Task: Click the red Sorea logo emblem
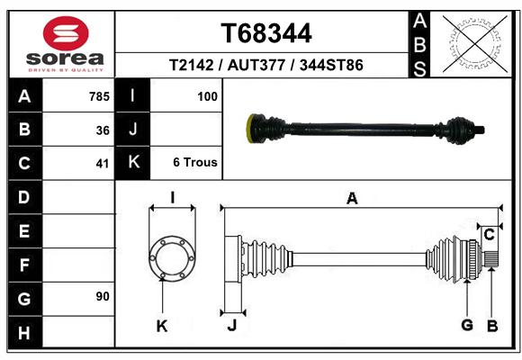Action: pos(66,33)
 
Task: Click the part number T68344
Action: pos(266,33)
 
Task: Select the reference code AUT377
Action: pos(256,65)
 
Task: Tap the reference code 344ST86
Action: pos(331,65)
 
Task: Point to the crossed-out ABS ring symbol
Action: pos(475,43)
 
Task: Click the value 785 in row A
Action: pos(99,96)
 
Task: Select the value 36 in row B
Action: pos(103,130)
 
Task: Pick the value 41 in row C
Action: pos(103,164)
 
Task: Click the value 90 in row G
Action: pos(103,296)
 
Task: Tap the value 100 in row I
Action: pos(207,96)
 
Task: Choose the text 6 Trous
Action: pos(195,162)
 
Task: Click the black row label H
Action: pos(25,332)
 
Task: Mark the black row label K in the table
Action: pos(133,162)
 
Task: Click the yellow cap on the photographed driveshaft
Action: pos(250,129)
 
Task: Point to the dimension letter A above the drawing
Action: pos(352,199)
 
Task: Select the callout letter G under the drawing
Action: pos(467,325)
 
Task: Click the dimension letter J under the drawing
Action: pos(232,326)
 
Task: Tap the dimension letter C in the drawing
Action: pos(489,235)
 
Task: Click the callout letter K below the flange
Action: pos(162,327)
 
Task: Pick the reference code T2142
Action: pos(191,65)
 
